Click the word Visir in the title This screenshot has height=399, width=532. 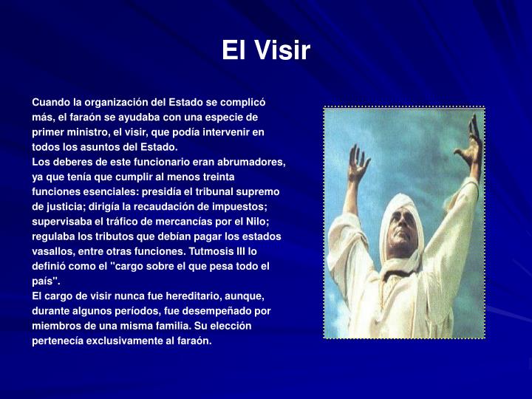[x=284, y=51]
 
